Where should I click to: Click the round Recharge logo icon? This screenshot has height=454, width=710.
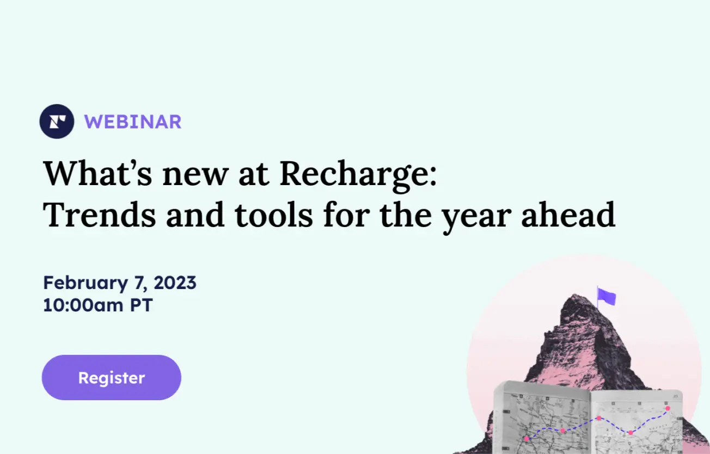coord(57,121)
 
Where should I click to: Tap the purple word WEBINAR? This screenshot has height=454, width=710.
coord(133,122)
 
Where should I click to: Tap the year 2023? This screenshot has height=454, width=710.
coord(175,283)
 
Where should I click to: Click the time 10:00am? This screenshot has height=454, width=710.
coord(83,305)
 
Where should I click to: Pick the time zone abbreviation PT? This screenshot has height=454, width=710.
coord(141,305)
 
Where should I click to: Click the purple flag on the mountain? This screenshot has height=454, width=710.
coord(607,297)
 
